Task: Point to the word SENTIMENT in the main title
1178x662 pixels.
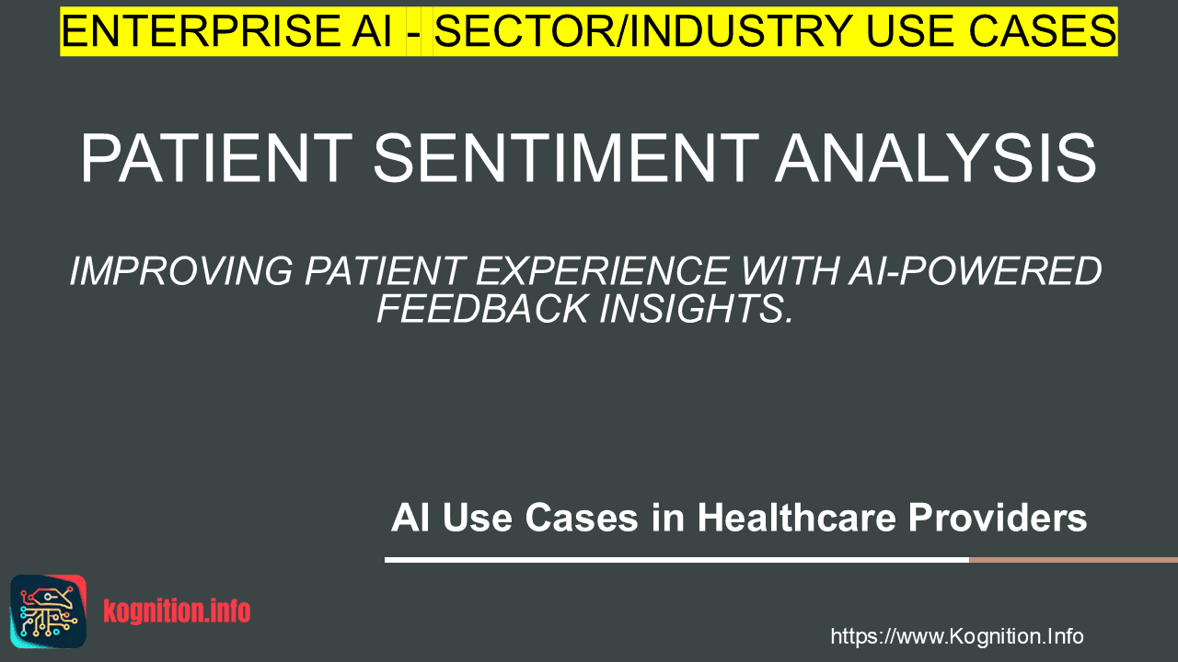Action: [566, 158]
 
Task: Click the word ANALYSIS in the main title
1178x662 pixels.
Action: [937, 158]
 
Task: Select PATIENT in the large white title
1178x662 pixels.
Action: [216, 158]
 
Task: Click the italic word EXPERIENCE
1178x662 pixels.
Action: [602, 271]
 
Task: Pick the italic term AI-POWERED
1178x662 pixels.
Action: [975, 271]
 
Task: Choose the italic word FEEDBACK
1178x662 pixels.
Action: [482, 308]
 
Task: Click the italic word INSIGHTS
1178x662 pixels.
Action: [695, 308]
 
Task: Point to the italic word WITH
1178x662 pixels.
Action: [789, 271]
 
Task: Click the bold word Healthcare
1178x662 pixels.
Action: [797, 518]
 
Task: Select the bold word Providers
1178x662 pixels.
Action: [998, 518]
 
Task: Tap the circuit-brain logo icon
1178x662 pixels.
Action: [49, 611]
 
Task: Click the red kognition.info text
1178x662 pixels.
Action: [177, 611]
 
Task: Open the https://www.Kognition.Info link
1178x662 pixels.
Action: [957, 637]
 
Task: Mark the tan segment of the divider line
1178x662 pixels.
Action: [1073, 560]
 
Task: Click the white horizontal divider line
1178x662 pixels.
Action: [676, 560]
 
